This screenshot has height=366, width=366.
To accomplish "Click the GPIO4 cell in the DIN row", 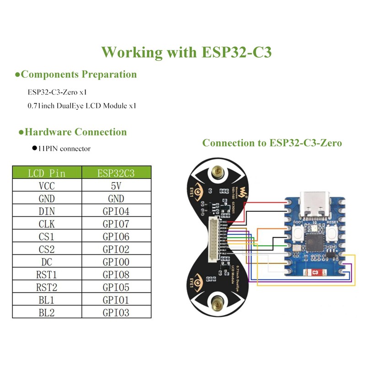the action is tap(116, 211).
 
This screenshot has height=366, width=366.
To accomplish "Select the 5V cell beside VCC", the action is tap(116, 186).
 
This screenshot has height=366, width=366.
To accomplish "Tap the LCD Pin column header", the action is tap(47, 173).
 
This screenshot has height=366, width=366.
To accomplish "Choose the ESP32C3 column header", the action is tap(116, 173).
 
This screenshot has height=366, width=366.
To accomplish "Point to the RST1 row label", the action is tap(47, 274).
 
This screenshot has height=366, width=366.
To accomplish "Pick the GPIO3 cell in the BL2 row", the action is tap(116, 312).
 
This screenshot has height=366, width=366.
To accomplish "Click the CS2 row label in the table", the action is tap(47, 249).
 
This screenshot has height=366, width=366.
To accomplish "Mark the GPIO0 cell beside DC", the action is tap(116, 262).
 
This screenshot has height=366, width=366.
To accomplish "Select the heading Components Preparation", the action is tap(79, 74).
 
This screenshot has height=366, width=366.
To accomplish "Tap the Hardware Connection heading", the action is tap(75, 132).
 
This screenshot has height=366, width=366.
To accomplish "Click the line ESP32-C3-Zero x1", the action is tap(57, 92).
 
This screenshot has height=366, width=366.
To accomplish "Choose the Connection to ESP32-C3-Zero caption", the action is tap(272, 143).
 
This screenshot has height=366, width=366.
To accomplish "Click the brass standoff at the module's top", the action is tap(217, 173).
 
